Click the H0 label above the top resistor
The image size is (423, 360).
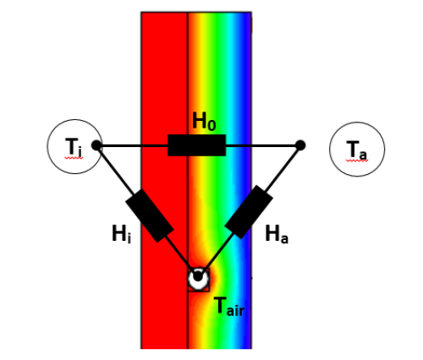tap(204, 122)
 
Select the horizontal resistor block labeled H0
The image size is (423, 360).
tap(197, 145)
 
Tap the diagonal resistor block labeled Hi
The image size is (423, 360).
tap(150, 215)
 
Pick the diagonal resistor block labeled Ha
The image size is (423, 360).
tap(249, 212)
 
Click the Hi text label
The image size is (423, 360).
tap(122, 234)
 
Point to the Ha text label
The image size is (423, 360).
tap(277, 234)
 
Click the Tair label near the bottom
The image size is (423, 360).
tap(228, 307)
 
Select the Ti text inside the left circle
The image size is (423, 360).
tap(74, 147)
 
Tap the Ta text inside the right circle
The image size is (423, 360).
tap(356, 150)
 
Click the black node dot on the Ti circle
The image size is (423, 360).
tap(96, 145)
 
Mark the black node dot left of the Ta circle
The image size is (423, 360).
tap(300, 145)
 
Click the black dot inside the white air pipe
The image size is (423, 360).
tap(198, 276)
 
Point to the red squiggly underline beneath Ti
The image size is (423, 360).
tap(74, 158)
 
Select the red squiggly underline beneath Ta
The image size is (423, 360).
tap(357, 161)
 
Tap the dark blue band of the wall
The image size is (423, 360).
tap(248, 85)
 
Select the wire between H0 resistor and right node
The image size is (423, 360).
tap(261, 145)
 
